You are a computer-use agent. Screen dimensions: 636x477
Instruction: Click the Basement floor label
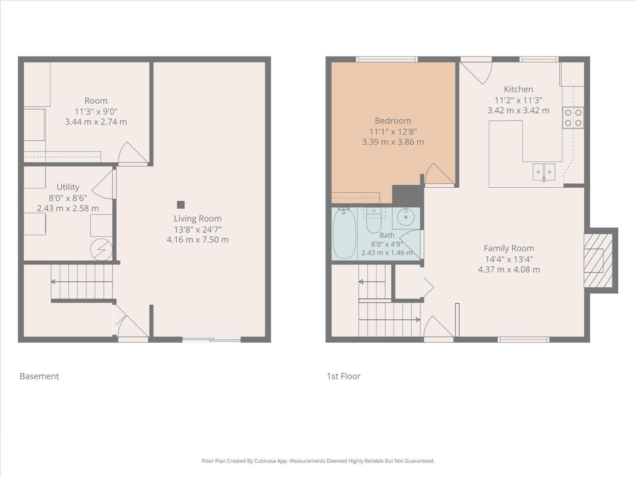[x=39, y=376]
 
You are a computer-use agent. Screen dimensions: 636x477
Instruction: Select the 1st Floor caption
[x=344, y=376]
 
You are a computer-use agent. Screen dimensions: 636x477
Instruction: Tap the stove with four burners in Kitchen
[x=573, y=118]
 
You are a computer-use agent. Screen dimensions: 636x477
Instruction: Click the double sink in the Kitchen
[x=544, y=173]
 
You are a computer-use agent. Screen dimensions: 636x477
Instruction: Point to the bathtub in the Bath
[x=344, y=233]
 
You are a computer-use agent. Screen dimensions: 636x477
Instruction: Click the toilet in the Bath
[x=374, y=220]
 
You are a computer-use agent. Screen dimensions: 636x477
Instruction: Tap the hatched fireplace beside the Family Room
[x=598, y=260]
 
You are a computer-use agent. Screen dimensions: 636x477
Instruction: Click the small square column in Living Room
[x=181, y=205]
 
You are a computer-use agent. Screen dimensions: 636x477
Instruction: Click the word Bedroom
[x=393, y=120]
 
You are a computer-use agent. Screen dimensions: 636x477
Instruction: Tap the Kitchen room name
[x=518, y=89]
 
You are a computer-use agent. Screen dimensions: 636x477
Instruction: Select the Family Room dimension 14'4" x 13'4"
[x=509, y=259]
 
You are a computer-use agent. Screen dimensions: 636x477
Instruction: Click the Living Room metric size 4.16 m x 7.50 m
[x=198, y=240]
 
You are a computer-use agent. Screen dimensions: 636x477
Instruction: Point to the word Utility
[x=68, y=187]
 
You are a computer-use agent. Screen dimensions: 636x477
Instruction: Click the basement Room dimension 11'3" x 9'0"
[x=96, y=112]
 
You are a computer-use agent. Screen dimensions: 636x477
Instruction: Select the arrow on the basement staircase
[x=82, y=281]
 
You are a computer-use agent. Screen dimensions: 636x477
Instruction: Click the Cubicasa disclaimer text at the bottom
[x=318, y=461]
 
